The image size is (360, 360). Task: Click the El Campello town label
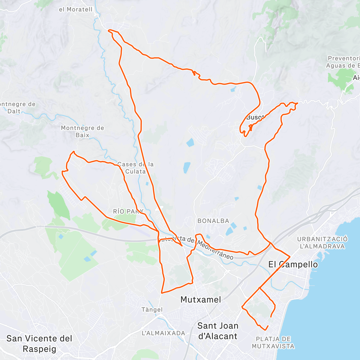click(293, 264)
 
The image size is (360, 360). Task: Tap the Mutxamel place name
click(201, 299)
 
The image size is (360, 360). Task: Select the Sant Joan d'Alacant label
click(218, 331)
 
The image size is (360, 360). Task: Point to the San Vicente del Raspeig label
click(39, 343)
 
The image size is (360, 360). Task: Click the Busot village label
click(255, 117)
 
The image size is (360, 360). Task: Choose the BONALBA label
click(213, 221)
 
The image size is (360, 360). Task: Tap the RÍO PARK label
click(128, 211)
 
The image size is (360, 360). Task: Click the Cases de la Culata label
click(136, 168)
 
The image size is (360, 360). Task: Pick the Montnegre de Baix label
click(82, 131)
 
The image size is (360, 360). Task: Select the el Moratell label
click(76, 10)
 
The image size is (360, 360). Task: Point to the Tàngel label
click(152, 310)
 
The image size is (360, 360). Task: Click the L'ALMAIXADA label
click(163, 333)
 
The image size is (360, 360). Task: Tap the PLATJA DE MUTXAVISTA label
click(273, 343)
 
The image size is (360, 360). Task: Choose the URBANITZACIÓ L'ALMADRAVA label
click(322, 243)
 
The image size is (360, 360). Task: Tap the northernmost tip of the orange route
click(109, 30)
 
